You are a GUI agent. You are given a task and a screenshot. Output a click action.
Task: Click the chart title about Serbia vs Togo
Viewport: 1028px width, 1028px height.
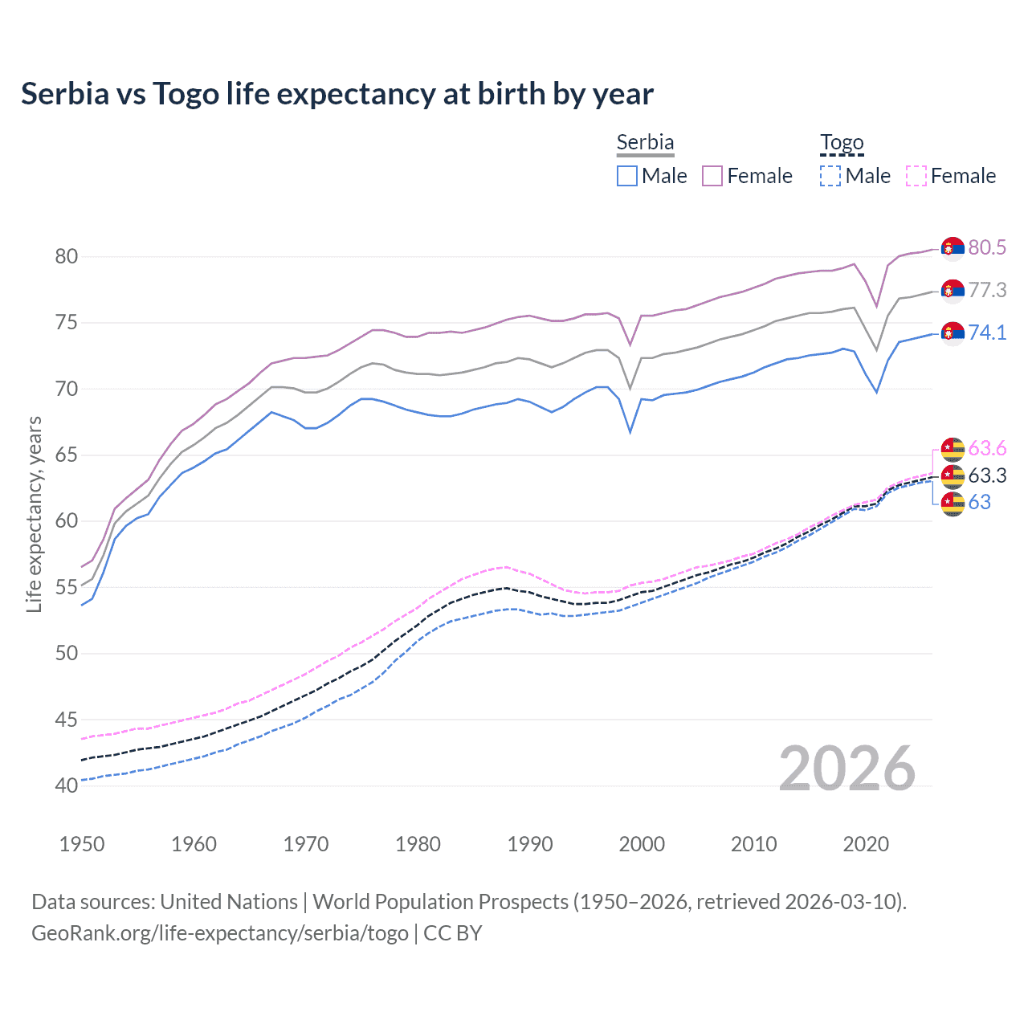pos(337,94)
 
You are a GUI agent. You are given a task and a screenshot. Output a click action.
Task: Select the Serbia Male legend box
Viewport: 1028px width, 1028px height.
pos(627,176)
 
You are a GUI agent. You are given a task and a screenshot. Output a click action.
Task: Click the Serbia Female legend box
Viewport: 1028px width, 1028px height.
pos(712,176)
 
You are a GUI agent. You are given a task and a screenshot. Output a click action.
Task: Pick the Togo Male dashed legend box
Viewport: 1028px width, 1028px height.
pos(830,176)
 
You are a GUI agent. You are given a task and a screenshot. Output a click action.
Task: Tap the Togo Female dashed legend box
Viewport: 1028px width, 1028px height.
pos(916,176)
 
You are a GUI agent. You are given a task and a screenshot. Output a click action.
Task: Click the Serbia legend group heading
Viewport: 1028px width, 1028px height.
pos(645,142)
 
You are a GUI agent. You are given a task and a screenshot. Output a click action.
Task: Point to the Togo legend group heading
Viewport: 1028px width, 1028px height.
pos(842,142)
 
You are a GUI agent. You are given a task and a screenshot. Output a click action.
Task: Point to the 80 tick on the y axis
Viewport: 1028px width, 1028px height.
pos(66,257)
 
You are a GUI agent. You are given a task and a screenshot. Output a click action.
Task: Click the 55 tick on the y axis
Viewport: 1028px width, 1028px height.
pos(66,587)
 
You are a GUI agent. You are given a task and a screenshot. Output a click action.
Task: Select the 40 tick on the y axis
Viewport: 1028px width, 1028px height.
pos(66,785)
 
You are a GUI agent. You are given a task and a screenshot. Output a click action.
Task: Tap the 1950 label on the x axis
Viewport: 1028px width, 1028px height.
pos(82,844)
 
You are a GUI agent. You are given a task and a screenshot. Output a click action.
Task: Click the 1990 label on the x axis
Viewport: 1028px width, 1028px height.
pos(530,844)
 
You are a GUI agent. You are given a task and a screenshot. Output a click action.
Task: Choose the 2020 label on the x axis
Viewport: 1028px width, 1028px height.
pos(866,844)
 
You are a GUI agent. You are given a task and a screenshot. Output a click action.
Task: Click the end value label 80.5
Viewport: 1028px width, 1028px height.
pos(987,247)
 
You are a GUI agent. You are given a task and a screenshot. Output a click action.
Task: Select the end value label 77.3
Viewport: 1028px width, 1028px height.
pos(987,290)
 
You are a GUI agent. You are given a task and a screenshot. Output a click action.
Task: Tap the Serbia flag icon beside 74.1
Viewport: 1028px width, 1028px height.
pos(953,332)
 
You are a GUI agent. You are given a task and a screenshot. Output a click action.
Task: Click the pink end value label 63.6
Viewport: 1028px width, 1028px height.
pos(987,448)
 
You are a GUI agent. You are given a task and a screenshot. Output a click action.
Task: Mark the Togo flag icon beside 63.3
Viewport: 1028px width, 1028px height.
pos(953,476)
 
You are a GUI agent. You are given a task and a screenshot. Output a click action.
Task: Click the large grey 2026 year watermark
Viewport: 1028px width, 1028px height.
pos(847,769)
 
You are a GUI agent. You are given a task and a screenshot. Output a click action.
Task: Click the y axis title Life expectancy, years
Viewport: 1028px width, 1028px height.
pos(34,514)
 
